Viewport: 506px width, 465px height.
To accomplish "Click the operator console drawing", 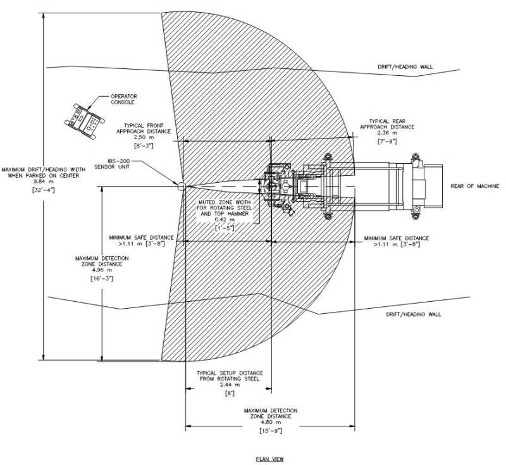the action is coord(85,121).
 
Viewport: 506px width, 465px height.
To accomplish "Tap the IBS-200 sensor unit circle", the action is coord(181,186).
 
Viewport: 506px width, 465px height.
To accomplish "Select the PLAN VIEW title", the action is coord(270,459).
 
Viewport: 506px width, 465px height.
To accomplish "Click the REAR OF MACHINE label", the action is coord(475,186).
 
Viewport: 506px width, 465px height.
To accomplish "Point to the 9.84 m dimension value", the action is coord(44,182).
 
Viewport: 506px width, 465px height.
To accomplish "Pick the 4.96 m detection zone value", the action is coord(102,270).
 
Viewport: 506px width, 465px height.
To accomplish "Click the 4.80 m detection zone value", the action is coord(271,422).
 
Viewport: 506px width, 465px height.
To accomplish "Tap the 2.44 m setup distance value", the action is coord(230,385).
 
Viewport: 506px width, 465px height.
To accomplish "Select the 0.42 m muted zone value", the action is coord(225,220).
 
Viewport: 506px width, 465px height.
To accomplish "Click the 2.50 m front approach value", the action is coord(144,137).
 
